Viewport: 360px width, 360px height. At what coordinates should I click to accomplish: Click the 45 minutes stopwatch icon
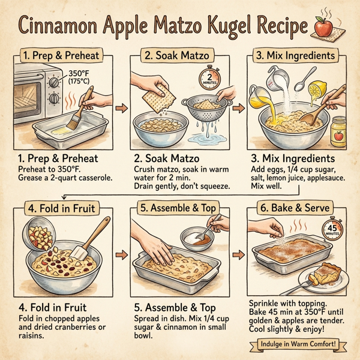pyautogui.click(x=334, y=229)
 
